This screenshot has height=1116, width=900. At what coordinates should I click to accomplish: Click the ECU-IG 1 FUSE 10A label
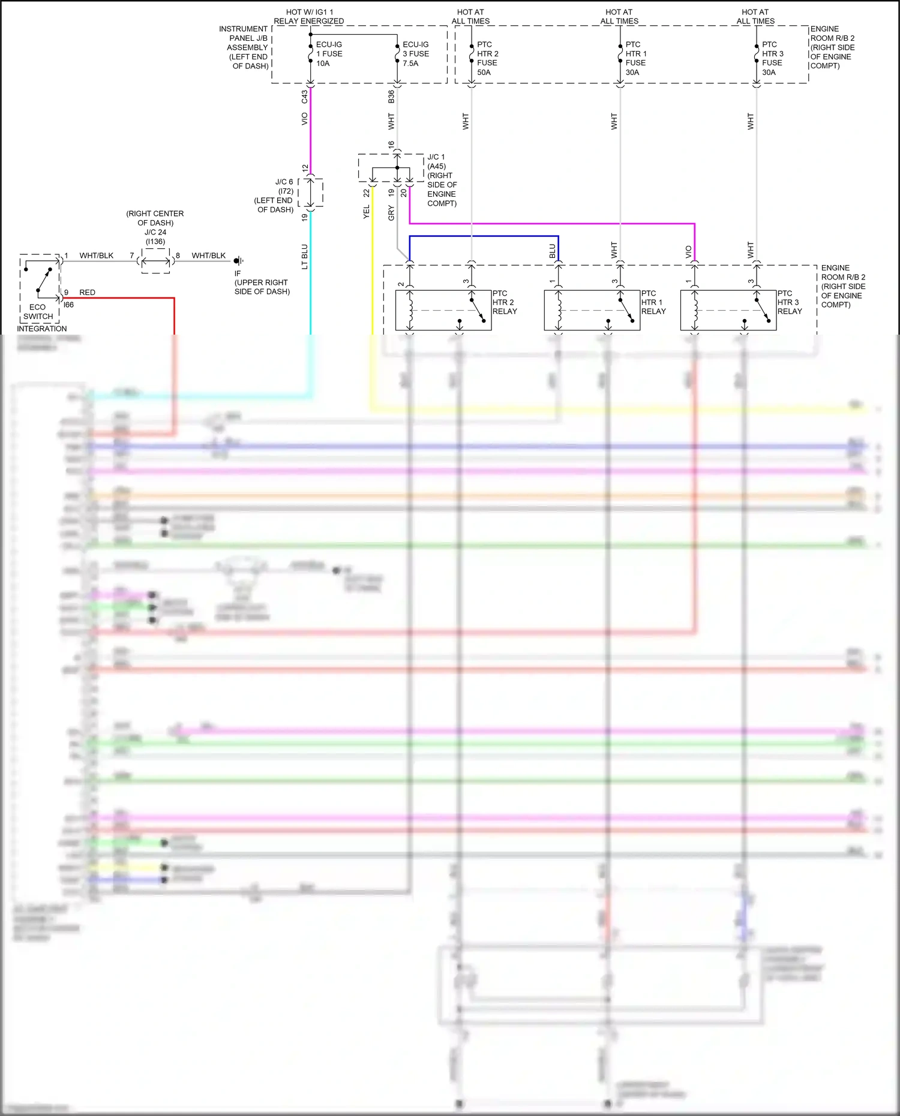tap(329, 54)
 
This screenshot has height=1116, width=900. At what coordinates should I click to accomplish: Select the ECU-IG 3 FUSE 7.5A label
tap(415, 54)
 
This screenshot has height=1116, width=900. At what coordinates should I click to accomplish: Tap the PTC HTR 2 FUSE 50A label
tap(487, 58)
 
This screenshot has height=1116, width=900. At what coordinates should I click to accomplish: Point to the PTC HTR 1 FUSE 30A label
tap(635, 58)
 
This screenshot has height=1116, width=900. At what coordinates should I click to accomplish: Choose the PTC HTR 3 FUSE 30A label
tap(772, 58)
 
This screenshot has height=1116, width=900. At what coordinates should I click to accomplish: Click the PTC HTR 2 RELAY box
tap(443, 310)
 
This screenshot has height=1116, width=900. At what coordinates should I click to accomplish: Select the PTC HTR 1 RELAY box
tap(592, 310)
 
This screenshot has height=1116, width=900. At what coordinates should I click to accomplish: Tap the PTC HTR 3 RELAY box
tap(728, 310)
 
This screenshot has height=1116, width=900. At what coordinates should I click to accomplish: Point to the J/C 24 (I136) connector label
tap(155, 237)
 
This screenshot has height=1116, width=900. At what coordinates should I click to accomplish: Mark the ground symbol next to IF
tap(238, 260)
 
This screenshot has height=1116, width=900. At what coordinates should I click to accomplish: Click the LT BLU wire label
tap(305, 256)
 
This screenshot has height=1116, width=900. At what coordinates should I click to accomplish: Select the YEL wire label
tap(367, 212)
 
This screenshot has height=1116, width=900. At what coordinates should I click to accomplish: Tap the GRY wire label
tap(391, 213)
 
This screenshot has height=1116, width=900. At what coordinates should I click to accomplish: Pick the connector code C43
tap(305, 96)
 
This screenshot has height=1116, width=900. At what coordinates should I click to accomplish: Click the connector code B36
tap(391, 96)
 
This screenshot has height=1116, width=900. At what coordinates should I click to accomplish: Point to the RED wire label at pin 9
tap(87, 293)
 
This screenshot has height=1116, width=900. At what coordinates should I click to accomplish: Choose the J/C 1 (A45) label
tap(436, 162)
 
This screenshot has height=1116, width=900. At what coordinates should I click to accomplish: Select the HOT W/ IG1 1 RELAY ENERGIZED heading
tap(309, 16)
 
